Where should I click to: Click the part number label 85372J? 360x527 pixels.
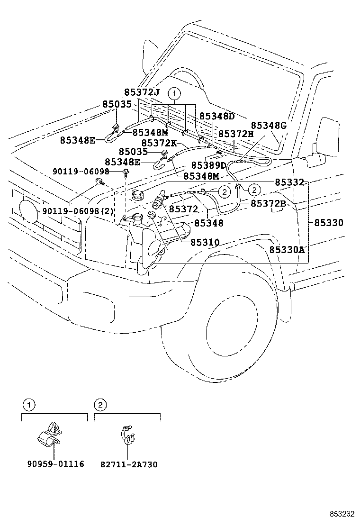click(x=142, y=92)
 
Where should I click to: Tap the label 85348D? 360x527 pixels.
click(x=217, y=116)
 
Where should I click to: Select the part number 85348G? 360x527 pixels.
click(x=269, y=126)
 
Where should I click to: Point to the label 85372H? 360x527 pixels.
click(x=236, y=134)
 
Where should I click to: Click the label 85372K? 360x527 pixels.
click(x=159, y=144)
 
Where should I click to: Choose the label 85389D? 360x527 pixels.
click(x=209, y=165)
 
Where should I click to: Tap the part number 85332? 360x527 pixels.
click(x=289, y=182)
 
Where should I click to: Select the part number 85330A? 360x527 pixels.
click(x=287, y=250)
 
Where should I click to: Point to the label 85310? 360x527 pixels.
click(x=205, y=242)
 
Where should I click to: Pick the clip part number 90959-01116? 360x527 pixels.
click(x=56, y=464)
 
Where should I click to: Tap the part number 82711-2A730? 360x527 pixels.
click(x=129, y=464)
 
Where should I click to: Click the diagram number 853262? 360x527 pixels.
click(x=342, y=514)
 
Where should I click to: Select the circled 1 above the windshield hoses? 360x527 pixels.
click(x=174, y=93)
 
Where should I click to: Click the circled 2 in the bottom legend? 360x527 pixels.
click(x=100, y=405)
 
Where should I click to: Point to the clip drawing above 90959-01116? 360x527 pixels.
click(x=49, y=435)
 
